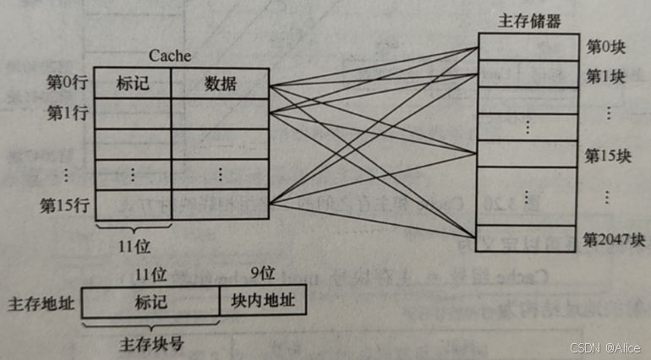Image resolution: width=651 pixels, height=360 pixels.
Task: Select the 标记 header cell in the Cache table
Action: tap(132, 83)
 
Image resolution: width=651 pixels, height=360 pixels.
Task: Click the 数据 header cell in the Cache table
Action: tap(220, 83)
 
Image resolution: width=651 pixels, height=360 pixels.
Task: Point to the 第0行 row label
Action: tap(68, 83)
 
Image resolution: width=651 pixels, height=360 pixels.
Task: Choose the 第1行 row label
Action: tap(68, 112)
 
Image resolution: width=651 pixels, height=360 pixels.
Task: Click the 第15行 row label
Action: tap(64, 205)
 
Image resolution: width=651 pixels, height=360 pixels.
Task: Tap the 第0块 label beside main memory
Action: tap(605, 46)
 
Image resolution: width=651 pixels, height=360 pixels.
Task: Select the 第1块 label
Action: tap(605, 75)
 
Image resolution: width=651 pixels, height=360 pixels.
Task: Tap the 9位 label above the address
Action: tap(262, 274)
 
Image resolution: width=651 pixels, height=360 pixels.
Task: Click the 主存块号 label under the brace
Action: tap(150, 345)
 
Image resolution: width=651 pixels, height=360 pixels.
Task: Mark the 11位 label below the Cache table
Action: tap(133, 247)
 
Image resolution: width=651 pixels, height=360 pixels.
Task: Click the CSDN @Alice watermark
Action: tap(604, 347)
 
